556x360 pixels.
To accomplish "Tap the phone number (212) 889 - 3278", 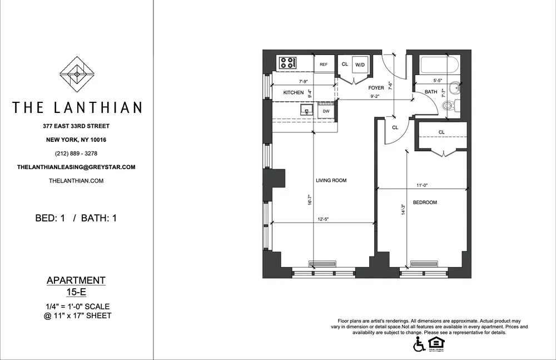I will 77,154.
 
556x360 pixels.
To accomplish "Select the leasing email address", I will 77,167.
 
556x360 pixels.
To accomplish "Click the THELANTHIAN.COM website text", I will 77,181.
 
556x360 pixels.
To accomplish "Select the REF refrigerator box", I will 324,65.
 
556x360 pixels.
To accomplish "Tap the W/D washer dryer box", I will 360,65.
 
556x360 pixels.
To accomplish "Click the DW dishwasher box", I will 326,111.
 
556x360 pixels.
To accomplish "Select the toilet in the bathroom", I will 453,105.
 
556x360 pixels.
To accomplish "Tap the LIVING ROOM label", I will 331,180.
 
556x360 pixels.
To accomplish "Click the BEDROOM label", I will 425,203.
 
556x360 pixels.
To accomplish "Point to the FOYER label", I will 376,88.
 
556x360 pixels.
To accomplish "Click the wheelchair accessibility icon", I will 418,346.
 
